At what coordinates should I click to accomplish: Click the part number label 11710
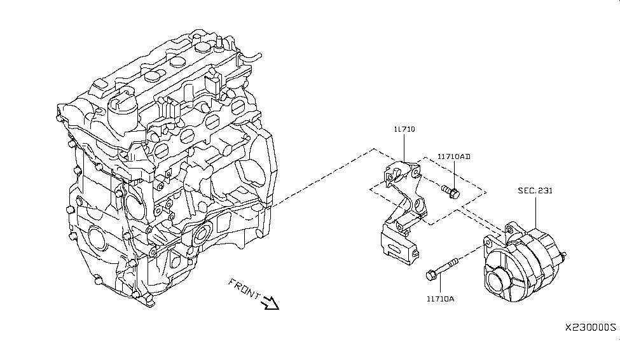[x=403, y=129]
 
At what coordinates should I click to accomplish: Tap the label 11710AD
[x=454, y=156]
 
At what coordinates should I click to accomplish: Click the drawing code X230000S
[x=591, y=327]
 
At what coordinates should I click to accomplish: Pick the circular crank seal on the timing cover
[x=96, y=239]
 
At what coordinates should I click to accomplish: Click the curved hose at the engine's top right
[x=251, y=58]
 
